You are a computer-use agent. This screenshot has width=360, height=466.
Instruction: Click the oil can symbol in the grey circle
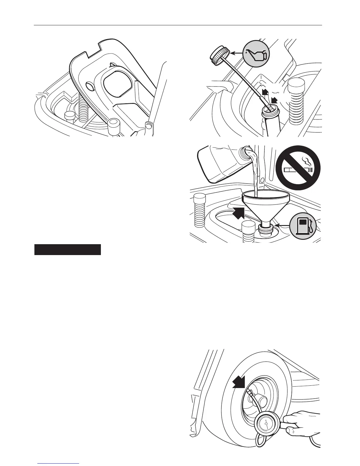coord(256,54)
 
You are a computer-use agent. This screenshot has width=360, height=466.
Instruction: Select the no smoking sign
coord(298,168)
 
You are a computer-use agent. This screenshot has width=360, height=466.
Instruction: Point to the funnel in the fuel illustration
coord(265,203)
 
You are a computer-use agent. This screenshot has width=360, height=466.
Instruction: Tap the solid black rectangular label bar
coord(68,249)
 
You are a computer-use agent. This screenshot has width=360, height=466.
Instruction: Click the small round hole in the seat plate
coord(89,87)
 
